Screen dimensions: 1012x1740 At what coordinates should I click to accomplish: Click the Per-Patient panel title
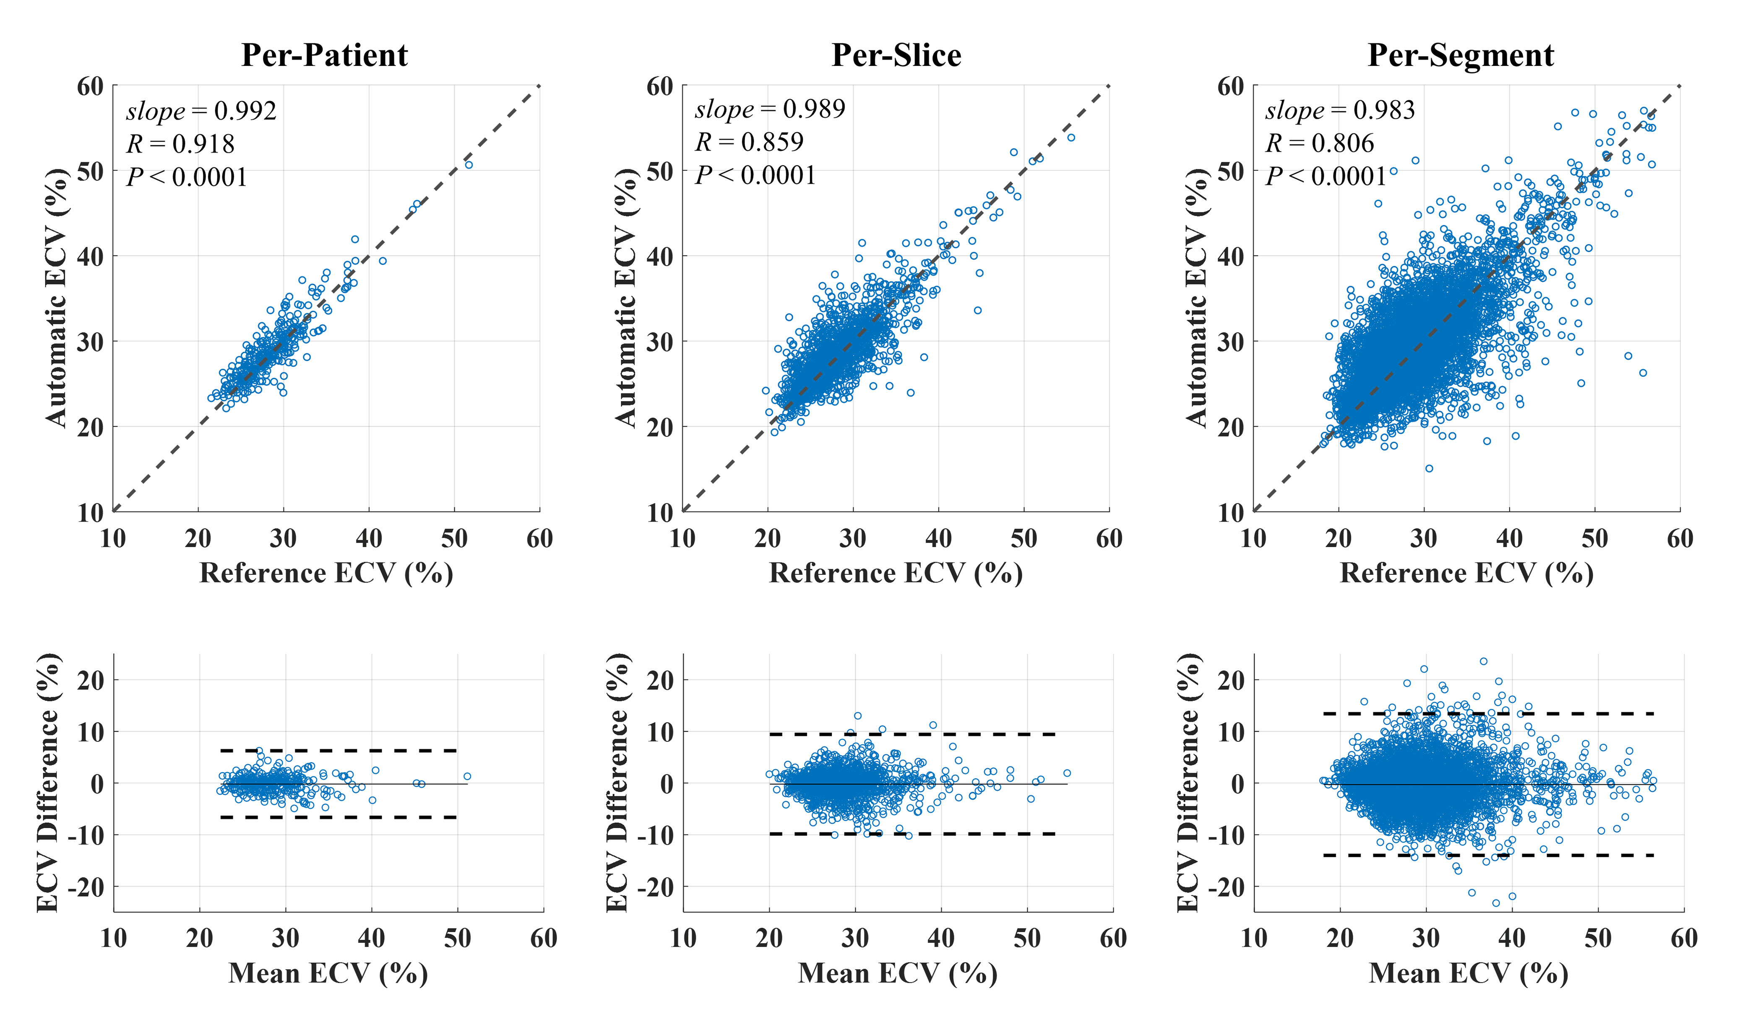tap(325, 55)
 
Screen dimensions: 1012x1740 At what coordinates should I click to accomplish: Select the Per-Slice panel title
tap(896, 55)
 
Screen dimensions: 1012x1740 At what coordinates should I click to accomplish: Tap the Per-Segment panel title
tap(1461, 55)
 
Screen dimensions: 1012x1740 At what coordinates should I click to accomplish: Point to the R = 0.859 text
tap(749, 142)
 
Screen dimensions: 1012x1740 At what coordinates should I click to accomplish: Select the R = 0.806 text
tap(1320, 143)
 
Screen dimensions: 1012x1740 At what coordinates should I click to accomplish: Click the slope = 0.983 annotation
tap(1340, 110)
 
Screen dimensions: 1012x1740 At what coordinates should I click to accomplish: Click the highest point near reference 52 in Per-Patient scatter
tap(468, 164)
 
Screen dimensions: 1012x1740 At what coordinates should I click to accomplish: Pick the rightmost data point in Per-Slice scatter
tap(1071, 138)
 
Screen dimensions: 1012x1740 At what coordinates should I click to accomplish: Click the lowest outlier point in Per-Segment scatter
tap(1429, 468)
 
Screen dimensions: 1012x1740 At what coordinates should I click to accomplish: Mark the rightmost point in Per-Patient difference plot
tap(467, 777)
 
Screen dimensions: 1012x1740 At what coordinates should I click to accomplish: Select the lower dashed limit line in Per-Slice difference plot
tap(912, 834)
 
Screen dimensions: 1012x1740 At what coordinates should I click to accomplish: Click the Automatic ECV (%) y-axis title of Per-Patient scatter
tap(57, 297)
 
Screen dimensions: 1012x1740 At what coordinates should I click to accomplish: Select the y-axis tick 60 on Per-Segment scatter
tap(1230, 87)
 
